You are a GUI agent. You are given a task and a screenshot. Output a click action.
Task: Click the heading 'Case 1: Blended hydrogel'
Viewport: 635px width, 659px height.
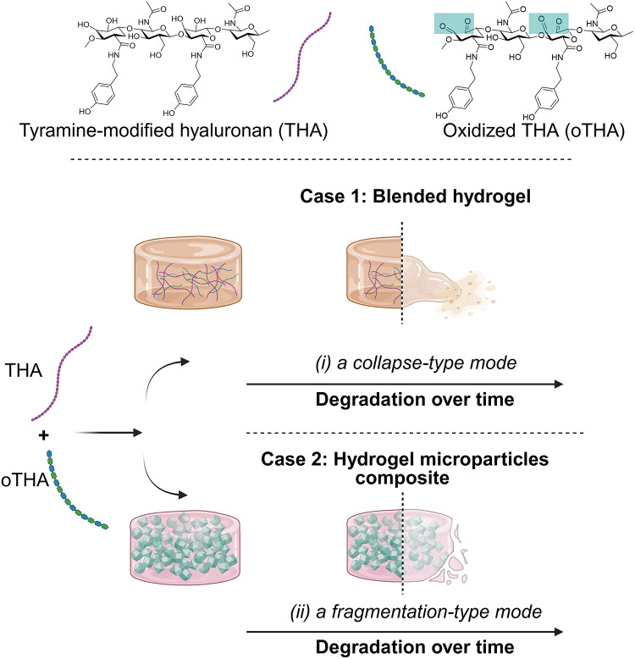point(415,197)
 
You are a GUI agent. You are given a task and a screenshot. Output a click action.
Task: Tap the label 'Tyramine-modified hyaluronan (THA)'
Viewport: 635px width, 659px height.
point(174,130)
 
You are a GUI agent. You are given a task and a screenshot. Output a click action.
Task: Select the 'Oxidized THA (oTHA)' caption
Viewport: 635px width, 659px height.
point(533,130)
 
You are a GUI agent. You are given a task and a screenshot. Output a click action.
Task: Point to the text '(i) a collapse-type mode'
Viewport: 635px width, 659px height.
point(416,363)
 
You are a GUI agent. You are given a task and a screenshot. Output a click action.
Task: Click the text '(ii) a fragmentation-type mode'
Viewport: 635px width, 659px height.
point(416,612)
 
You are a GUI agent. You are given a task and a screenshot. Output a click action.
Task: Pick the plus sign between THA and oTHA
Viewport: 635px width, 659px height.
point(43,435)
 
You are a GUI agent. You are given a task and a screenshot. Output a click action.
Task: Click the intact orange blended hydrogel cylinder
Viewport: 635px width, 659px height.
point(188,272)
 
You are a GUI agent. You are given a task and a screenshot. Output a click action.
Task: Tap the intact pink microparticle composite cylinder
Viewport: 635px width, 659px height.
point(185,549)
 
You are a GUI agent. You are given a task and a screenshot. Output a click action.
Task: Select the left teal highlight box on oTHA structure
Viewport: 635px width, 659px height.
point(454,23)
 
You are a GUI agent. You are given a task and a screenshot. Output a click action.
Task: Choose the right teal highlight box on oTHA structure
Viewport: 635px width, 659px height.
point(549,23)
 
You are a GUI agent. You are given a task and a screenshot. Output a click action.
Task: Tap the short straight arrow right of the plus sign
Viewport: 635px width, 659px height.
point(108,432)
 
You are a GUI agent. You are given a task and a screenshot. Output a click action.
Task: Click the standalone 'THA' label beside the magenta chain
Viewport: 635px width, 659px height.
point(24,371)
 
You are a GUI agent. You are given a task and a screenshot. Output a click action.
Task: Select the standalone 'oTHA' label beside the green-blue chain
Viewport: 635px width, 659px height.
point(25,479)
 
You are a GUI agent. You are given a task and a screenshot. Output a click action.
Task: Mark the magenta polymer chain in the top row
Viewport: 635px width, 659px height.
point(302,57)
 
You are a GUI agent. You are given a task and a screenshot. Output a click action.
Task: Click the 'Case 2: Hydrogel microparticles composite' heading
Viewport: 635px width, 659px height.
point(405,468)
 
